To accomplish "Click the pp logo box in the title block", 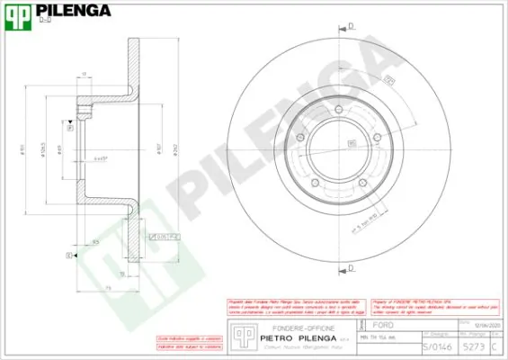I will [x=240, y=335].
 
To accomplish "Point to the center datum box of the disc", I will [x=351, y=142].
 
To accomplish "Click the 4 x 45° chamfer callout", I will [x=102, y=157].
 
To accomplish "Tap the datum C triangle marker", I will [x=72, y=256].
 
